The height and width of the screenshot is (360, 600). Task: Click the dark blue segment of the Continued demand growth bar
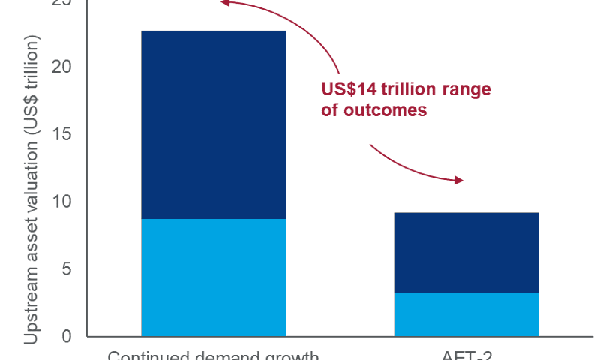214,124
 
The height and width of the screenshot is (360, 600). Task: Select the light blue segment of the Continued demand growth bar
214,277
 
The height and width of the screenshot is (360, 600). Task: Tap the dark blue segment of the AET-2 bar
466,252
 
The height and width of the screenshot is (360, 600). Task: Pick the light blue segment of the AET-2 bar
466,313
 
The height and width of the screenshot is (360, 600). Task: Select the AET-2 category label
466,355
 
